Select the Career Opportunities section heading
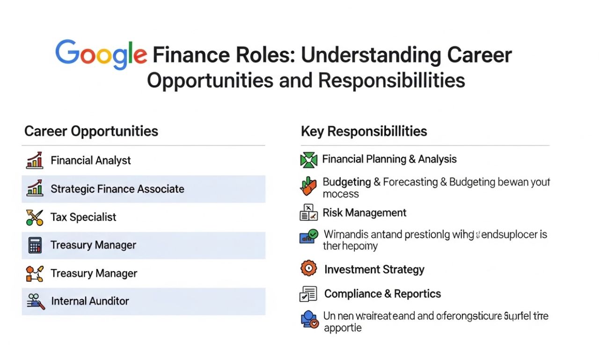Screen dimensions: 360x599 pyautogui.click(x=91, y=131)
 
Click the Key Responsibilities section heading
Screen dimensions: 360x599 pyautogui.click(x=364, y=131)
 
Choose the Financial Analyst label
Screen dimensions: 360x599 pyautogui.click(x=91, y=161)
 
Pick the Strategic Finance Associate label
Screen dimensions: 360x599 pyautogui.click(x=117, y=189)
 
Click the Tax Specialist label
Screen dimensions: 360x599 pyautogui.click(x=83, y=217)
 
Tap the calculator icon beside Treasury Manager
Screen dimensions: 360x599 pyautogui.click(x=35, y=245)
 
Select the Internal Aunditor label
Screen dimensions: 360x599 pyautogui.click(x=90, y=301)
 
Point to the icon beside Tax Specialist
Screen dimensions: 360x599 pyautogui.click(x=35, y=217)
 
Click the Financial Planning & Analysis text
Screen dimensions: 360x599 pyautogui.click(x=389, y=159)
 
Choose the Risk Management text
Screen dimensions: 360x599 pyautogui.click(x=365, y=213)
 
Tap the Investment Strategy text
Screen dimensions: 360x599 pyautogui.click(x=374, y=270)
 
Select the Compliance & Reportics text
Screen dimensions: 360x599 pyautogui.click(x=382, y=294)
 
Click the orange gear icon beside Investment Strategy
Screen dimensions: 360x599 pyautogui.click(x=308, y=269)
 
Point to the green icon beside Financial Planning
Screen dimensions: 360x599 pyautogui.click(x=308, y=160)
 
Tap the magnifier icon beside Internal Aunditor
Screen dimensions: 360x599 pyautogui.click(x=36, y=301)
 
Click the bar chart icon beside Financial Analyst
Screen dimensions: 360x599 pyautogui.click(x=35, y=160)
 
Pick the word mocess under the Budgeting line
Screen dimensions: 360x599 pyautogui.click(x=341, y=194)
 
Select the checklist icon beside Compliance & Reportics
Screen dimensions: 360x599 pyautogui.click(x=308, y=294)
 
